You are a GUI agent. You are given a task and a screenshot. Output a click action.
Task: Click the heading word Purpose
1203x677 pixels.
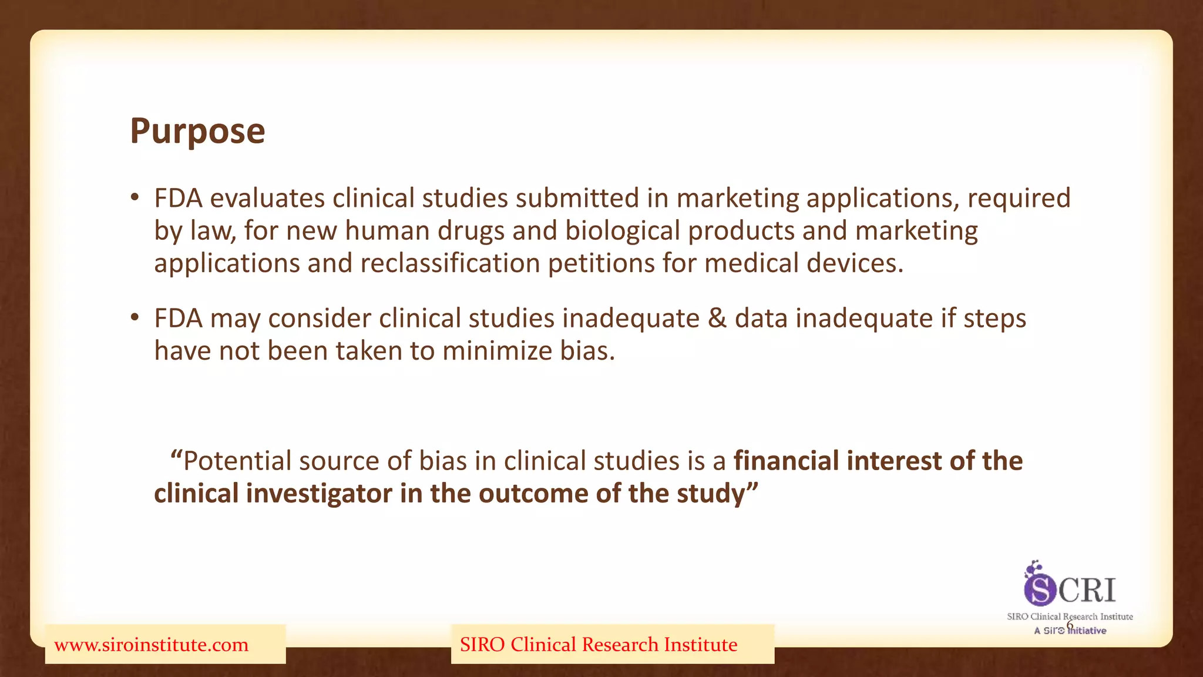click(197, 131)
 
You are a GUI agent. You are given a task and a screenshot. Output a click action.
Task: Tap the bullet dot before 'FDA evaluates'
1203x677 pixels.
click(135, 198)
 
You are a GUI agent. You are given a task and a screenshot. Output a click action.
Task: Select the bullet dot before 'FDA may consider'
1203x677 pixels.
click(135, 318)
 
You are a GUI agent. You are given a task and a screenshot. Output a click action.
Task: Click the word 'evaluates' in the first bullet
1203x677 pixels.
click(267, 198)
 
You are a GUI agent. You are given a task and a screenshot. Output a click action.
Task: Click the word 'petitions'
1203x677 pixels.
click(601, 263)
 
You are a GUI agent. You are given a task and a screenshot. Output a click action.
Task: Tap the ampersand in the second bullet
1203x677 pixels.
click(717, 319)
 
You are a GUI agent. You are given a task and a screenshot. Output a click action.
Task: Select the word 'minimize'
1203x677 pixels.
click(497, 351)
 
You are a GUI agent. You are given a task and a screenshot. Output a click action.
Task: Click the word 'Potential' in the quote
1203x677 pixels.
click(237, 461)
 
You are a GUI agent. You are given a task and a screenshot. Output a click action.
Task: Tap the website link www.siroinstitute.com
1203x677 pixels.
click(152, 645)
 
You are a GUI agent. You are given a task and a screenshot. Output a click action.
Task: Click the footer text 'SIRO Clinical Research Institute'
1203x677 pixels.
click(599, 645)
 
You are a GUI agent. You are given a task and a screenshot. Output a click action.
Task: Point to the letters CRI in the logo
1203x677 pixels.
click(1087, 589)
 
